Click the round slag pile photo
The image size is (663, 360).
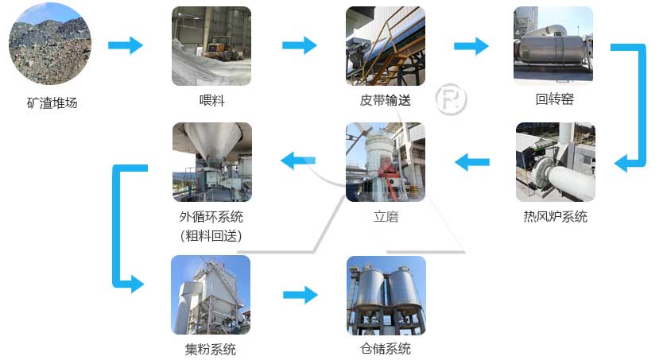pos(49,45)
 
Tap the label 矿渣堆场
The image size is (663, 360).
pos(52,103)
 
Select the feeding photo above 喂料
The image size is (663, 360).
pos(211,45)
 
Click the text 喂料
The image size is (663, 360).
pos(211,101)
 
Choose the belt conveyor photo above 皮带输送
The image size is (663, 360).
pos(385,45)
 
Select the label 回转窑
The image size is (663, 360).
pos(554,100)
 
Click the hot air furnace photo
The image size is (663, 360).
pos(555,161)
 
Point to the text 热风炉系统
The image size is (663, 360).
pos(555,216)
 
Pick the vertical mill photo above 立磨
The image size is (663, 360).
pos(385,161)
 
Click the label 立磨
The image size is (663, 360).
pos(386,216)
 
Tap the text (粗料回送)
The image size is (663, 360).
pos(211,235)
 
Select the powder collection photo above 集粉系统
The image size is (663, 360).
pos(211,294)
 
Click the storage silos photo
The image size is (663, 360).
pos(386,294)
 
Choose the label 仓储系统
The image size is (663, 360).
pos(386,349)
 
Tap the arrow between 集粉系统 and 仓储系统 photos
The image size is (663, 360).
pos(300,295)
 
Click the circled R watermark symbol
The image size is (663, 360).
pos(452,99)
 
